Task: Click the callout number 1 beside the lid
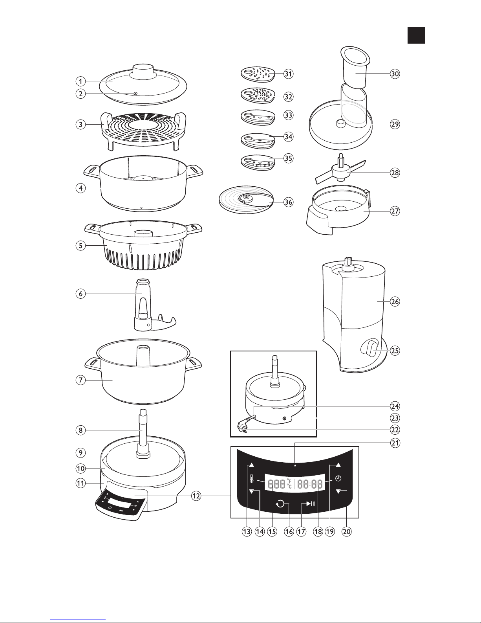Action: click(x=81, y=81)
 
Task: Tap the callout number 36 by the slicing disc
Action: click(x=288, y=202)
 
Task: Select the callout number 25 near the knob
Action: click(x=395, y=350)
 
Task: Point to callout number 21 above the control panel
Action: click(x=395, y=443)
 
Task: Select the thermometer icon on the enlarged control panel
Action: click(x=251, y=478)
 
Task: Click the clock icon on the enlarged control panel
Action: click(x=338, y=478)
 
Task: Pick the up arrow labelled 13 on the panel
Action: click(x=251, y=465)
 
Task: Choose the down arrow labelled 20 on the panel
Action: click(x=339, y=491)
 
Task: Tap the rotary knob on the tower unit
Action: click(x=370, y=348)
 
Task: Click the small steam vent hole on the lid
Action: click(x=135, y=93)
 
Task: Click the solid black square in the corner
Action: click(x=416, y=35)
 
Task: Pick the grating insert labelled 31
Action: click(x=258, y=74)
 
